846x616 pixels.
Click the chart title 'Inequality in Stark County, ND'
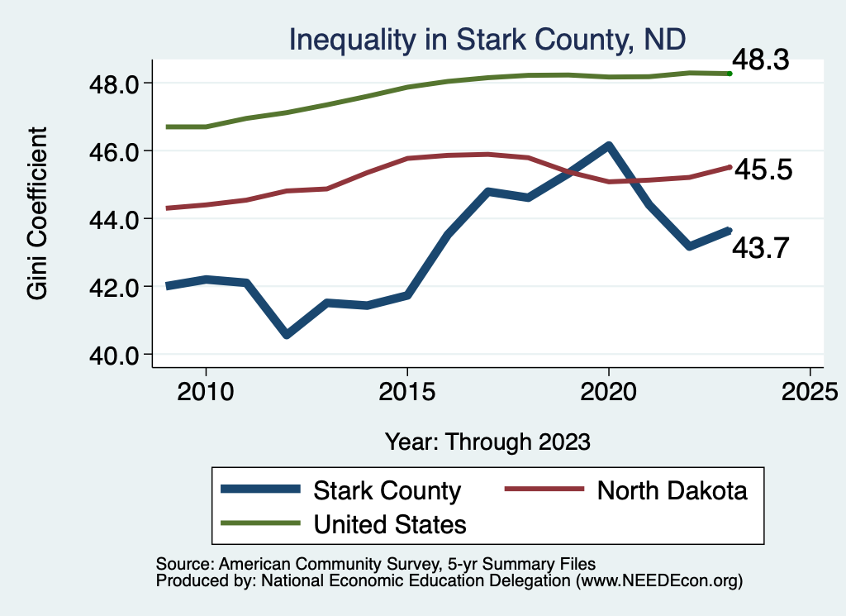point(487,39)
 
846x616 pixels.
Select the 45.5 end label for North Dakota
point(763,170)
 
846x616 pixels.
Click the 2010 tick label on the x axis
point(206,392)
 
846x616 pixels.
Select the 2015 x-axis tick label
point(407,392)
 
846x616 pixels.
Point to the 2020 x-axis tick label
point(608,392)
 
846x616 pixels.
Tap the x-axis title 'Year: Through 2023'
point(487,442)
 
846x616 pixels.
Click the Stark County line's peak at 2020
point(608,146)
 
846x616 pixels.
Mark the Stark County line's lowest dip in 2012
point(287,335)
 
